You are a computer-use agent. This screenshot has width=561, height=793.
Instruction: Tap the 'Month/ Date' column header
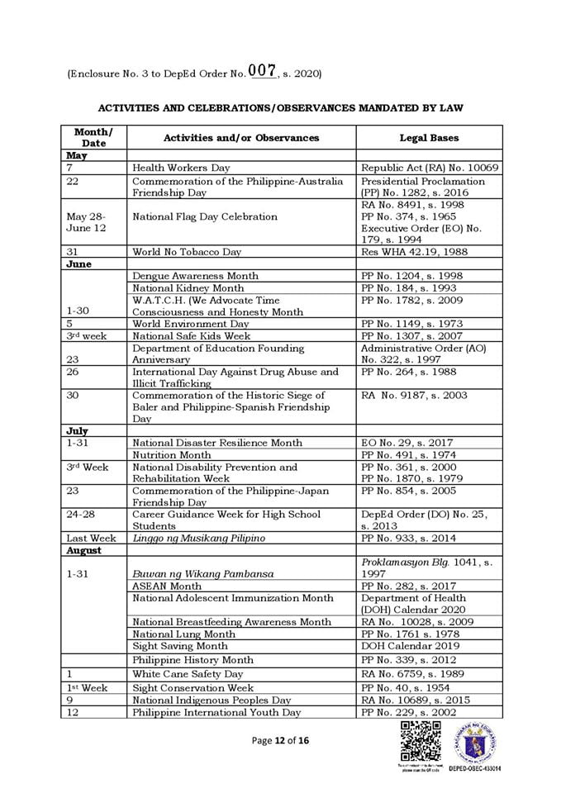[x=93, y=137]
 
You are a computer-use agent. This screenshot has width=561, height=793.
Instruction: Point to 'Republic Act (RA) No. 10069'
[x=430, y=168]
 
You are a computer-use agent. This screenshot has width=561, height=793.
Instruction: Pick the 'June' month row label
[x=79, y=264]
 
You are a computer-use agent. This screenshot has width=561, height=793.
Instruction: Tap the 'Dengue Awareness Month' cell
[x=195, y=276]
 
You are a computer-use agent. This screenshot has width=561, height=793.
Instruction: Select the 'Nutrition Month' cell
[x=171, y=454]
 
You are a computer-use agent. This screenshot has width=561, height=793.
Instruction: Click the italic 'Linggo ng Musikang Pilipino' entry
[x=198, y=539]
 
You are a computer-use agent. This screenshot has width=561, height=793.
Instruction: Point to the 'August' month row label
[x=84, y=550]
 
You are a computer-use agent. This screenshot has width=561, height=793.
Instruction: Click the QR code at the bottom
[x=420, y=741]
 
